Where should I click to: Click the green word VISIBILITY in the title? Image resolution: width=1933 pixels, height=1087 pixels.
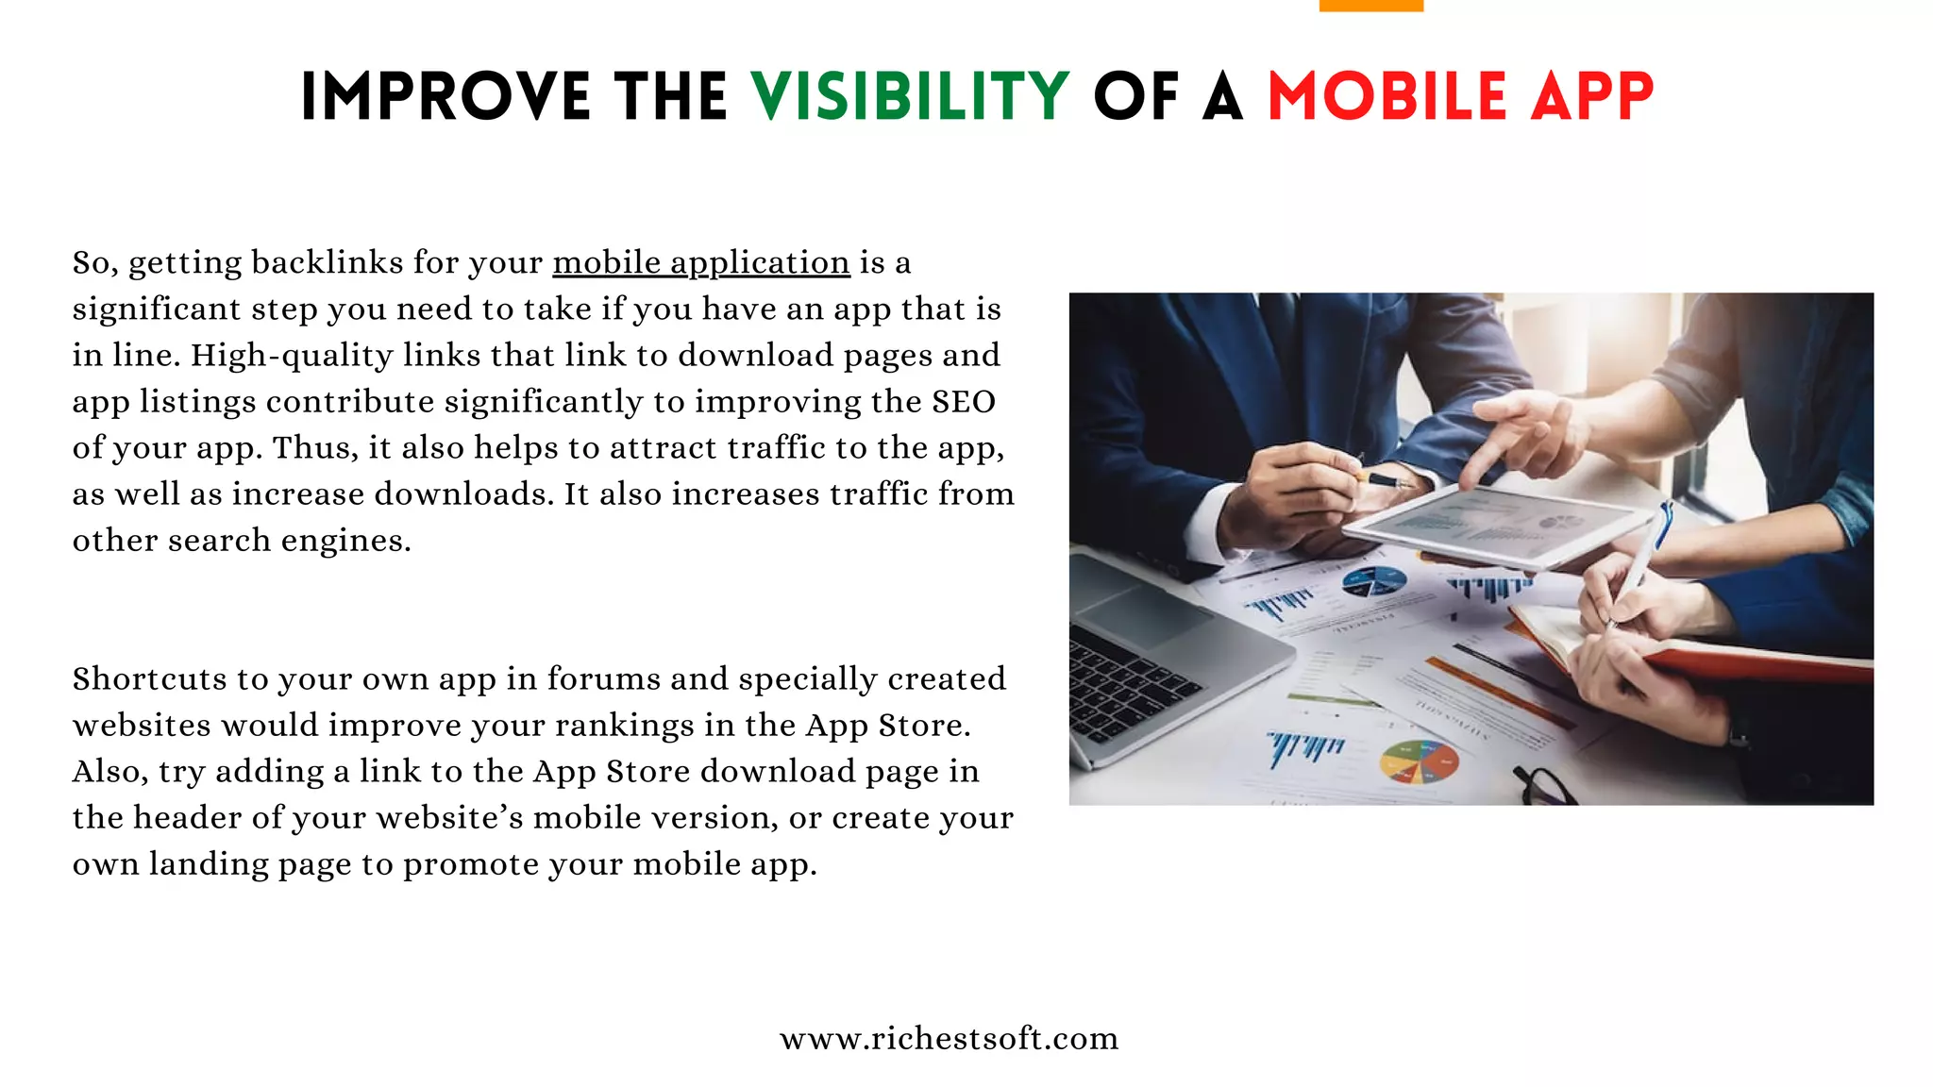click(x=910, y=96)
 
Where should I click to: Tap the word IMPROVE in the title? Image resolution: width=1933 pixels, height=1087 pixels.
click(x=445, y=96)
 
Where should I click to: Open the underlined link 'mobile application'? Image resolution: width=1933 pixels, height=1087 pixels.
click(x=701, y=262)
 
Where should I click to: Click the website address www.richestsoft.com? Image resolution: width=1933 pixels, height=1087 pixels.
click(x=949, y=1038)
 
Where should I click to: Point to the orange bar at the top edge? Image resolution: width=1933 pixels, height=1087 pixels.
click(x=1370, y=6)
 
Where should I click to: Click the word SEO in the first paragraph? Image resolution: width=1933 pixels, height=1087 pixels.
click(x=964, y=402)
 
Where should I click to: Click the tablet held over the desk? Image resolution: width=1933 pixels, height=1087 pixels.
click(x=1501, y=524)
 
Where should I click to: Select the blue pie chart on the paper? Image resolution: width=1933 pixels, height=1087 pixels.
click(x=1374, y=582)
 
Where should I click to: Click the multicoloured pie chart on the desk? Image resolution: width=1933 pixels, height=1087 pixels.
click(x=1419, y=762)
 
